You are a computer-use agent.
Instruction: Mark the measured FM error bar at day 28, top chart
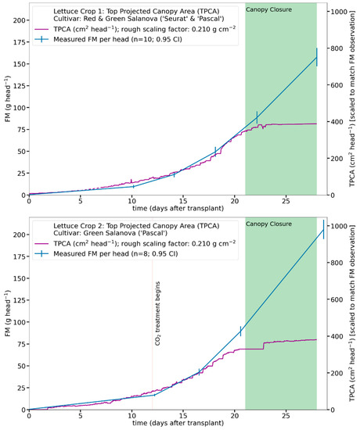tap(316, 57)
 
